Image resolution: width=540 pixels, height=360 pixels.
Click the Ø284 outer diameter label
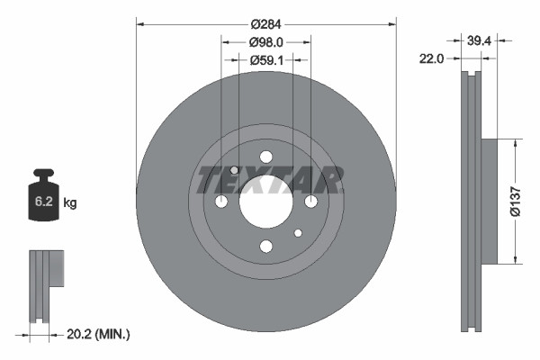pos(265,24)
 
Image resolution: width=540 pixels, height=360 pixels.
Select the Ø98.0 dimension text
pos(265,42)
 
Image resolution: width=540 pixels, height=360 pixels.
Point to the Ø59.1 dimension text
pos(265,60)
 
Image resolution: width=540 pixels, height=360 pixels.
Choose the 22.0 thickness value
pos(434,59)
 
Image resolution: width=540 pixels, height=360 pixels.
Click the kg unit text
pos(70,203)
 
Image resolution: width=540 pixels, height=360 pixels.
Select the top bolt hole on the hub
pos(265,157)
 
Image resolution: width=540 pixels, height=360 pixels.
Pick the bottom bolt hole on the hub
pos(265,246)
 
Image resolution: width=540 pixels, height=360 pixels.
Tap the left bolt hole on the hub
pos(221,202)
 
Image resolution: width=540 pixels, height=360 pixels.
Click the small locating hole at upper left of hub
pos(235,170)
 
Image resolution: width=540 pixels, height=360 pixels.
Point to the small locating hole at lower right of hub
pos(297,233)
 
